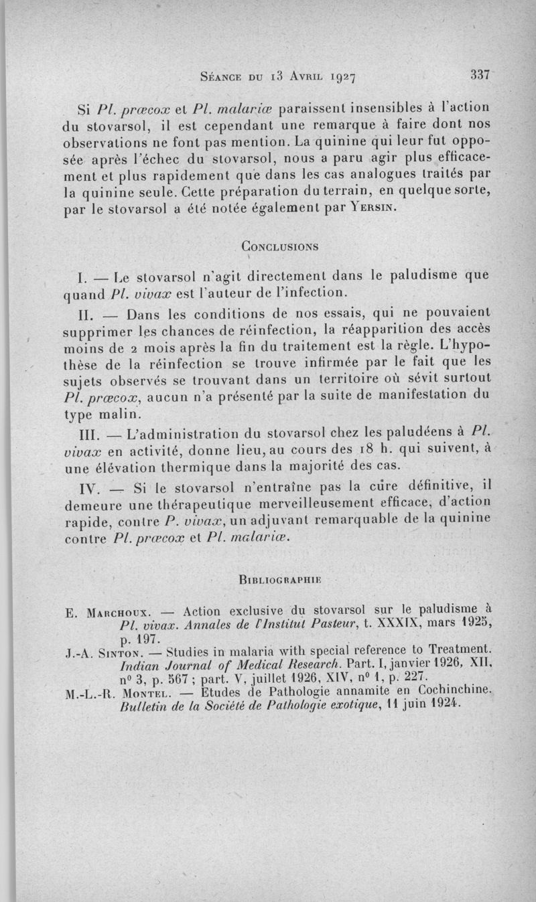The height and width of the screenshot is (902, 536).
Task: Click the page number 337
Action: pyautogui.click(x=481, y=75)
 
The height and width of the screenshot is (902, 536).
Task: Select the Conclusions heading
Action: pyautogui.click(x=279, y=246)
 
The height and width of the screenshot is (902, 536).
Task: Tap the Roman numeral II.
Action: pyautogui.click(x=88, y=313)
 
